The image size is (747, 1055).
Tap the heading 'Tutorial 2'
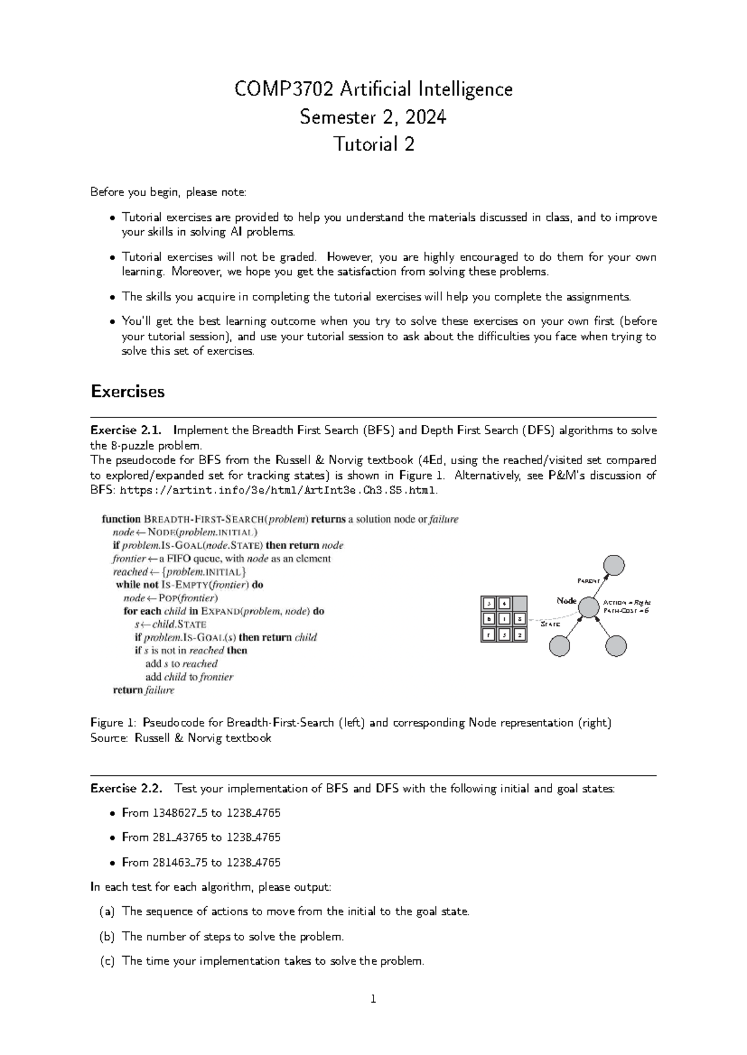point(374,144)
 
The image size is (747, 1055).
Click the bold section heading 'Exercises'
point(128,391)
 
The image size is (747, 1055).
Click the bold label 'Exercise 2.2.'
point(126,789)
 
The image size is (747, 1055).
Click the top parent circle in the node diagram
point(614,565)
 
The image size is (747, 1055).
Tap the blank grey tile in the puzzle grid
point(519,603)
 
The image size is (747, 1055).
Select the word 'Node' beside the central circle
point(566,600)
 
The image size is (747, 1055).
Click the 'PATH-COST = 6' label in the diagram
point(626,611)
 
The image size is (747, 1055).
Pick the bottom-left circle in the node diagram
point(559,646)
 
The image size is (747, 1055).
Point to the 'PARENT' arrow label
point(588,580)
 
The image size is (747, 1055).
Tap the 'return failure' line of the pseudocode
point(143,690)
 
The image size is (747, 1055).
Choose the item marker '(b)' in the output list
point(107,936)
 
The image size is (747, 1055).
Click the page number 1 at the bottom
point(374,1000)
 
